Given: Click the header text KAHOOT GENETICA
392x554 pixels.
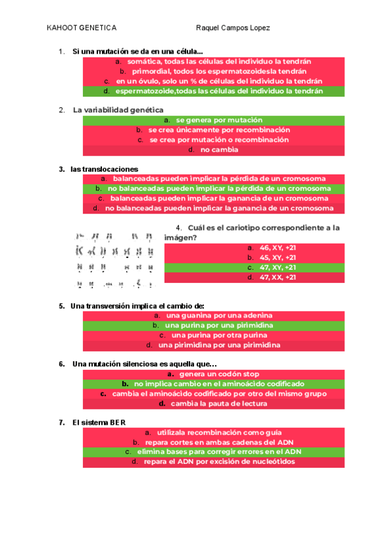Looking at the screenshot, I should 82,28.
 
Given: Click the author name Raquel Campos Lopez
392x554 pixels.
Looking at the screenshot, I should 233,28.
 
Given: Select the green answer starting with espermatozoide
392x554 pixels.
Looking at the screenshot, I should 214,91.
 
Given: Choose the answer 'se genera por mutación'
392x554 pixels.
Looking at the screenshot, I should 214,120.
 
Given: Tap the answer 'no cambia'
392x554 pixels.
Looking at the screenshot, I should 214,150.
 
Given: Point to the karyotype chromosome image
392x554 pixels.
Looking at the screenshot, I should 116,259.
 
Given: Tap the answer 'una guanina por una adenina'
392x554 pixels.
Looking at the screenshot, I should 214,316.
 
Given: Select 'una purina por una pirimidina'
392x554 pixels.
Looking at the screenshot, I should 214,325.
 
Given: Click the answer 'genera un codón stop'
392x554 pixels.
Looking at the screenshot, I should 214,374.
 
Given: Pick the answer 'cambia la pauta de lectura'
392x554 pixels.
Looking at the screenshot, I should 214,404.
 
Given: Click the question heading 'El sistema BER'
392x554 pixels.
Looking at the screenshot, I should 99,423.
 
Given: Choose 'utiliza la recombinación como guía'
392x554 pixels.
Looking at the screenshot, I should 214,432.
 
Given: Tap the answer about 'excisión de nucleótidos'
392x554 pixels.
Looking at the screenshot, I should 214,462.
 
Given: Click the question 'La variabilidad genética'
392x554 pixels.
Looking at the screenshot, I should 118,110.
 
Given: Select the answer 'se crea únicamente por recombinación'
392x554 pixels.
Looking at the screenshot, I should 214,130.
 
